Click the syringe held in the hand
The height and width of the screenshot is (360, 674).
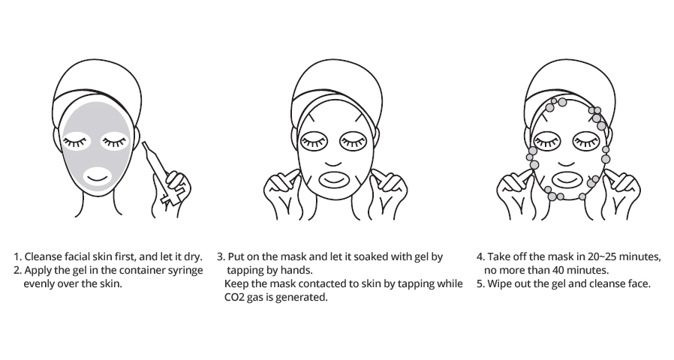tap(158, 169)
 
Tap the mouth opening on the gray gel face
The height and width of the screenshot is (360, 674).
tap(97, 176)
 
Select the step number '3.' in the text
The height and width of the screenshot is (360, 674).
tap(221, 257)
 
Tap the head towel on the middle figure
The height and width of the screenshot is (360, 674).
tap(336, 88)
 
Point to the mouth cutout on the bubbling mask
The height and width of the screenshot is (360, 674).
tap(567, 179)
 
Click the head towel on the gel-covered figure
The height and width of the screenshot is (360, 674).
tap(98, 88)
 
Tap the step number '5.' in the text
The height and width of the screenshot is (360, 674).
tap(480, 284)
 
